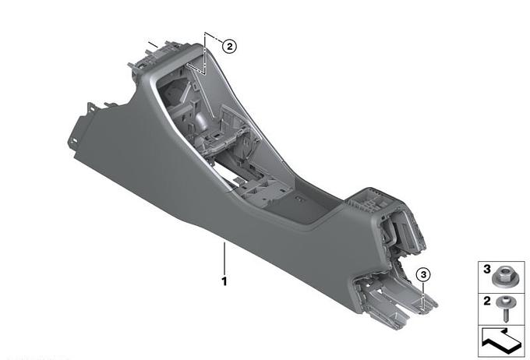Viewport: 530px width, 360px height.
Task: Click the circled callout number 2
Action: coord(229,46)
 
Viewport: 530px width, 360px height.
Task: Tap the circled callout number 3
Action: coord(423,274)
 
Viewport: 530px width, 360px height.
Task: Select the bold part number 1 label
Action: coord(224,281)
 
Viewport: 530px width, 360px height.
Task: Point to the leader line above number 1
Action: coord(224,258)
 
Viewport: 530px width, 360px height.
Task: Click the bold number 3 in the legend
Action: coord(486,269)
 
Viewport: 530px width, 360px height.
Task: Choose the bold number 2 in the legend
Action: coord(486,301)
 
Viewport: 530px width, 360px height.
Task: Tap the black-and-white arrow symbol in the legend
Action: coord(502,341)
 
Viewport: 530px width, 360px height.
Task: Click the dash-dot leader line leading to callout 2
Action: coord(205,54)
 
